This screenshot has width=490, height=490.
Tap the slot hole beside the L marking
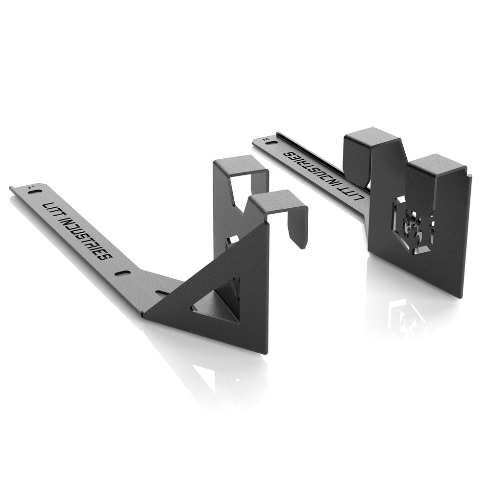33,193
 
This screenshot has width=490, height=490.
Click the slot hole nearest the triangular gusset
162,293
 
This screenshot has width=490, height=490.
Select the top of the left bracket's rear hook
240,167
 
